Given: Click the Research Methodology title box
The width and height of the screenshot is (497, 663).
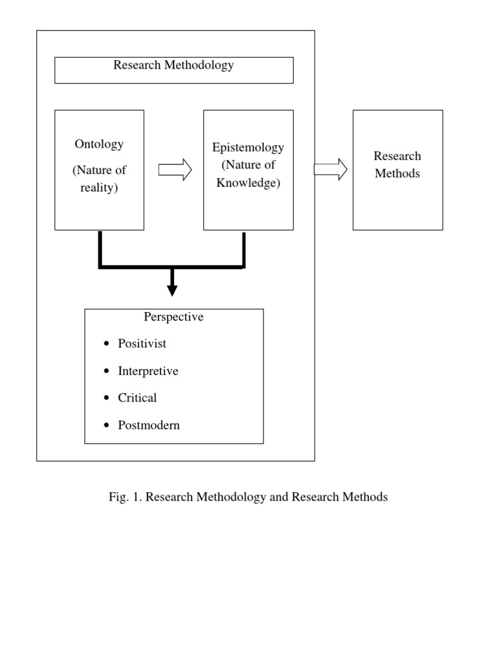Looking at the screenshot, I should (173, 70).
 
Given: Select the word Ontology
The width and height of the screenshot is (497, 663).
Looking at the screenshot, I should (99, 144).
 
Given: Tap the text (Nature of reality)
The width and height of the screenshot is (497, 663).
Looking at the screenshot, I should (99, 179).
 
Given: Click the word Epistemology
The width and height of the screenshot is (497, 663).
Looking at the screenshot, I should (248, 147).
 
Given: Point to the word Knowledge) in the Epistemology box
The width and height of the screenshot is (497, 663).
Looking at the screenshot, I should (248, 183).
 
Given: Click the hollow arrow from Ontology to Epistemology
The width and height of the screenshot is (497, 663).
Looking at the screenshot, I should (175, 170).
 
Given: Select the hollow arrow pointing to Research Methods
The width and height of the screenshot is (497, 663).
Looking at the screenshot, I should (330, 170).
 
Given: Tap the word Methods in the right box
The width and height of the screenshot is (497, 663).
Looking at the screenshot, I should (397, 174).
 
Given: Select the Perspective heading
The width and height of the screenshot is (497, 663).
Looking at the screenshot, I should (173, 317).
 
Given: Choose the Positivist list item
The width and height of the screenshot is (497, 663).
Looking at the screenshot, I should (142, 343).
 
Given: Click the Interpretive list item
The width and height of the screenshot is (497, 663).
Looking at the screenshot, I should (148, 371).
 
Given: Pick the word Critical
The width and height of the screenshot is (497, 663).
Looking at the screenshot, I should (137, 398).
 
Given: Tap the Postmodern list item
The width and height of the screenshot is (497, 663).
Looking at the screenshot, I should (149, 425).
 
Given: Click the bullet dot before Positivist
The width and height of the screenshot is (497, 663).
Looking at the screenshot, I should (107, 344).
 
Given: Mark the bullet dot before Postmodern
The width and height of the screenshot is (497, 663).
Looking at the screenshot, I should (107, 426).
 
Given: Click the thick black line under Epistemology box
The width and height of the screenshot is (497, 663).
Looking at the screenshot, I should (243, 249).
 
